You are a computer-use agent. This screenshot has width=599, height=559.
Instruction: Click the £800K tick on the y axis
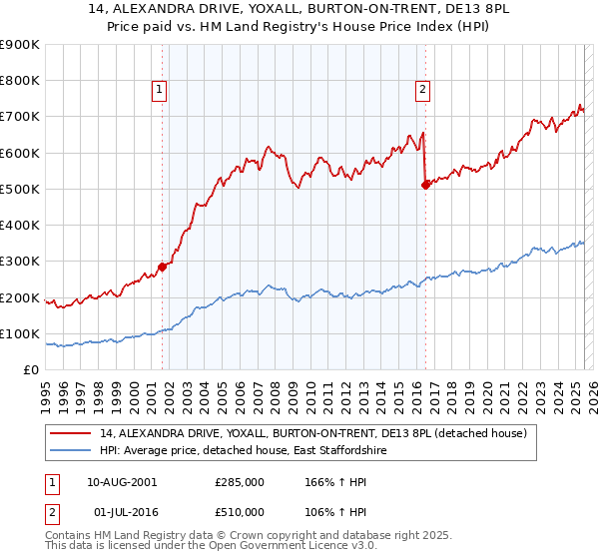pos(20,81)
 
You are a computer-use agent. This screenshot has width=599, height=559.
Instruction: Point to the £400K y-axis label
pos(20,226)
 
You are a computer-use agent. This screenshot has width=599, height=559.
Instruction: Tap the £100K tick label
pos(20,334)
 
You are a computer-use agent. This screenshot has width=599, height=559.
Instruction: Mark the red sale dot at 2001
pos(162,267)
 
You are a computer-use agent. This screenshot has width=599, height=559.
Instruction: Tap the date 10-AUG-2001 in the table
pos(122,482)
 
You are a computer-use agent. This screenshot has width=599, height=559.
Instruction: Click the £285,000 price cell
pos(240,482)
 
